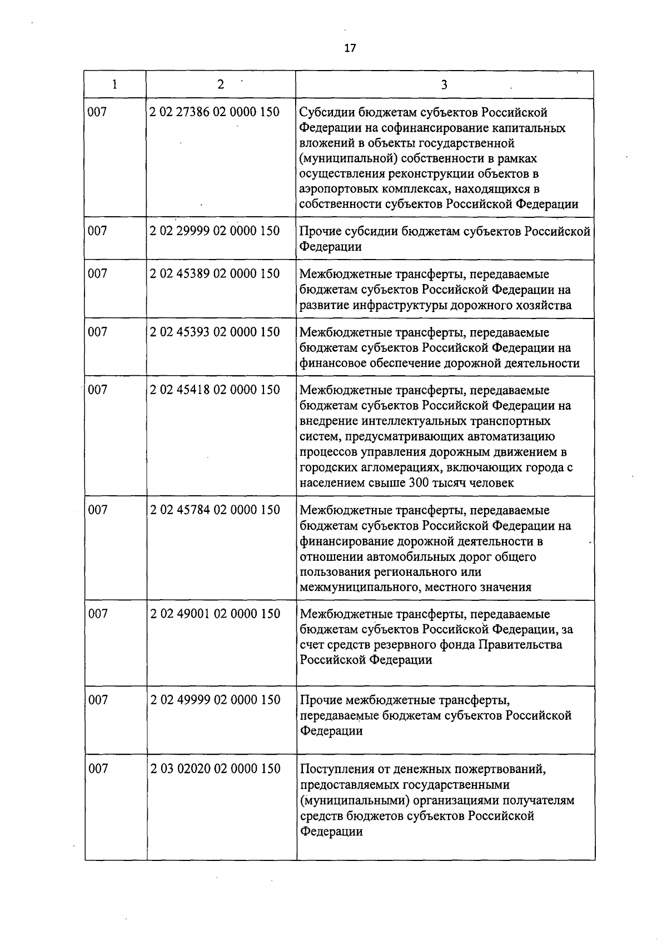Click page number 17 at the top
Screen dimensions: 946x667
click(350, 48)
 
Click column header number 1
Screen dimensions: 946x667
click(115, 84)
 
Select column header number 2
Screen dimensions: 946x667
click(221, 84)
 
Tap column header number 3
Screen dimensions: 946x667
click(444, 84)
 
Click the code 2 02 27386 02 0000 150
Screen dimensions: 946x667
click(215, 112)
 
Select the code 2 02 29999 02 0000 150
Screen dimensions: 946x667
click(215, 231)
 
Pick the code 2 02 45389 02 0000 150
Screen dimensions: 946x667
click(215, 273)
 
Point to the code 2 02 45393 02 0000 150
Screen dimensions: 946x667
click(215, 332)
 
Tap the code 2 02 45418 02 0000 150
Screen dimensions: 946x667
click(215, 390)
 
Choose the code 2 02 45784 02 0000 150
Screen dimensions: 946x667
click(215, 510)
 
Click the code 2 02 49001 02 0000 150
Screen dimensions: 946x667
click(215, 614)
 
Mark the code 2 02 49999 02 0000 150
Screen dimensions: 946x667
click(215, 700)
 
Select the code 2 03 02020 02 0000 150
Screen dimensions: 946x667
click(215, 769)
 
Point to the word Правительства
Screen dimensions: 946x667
click(524, 645)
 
